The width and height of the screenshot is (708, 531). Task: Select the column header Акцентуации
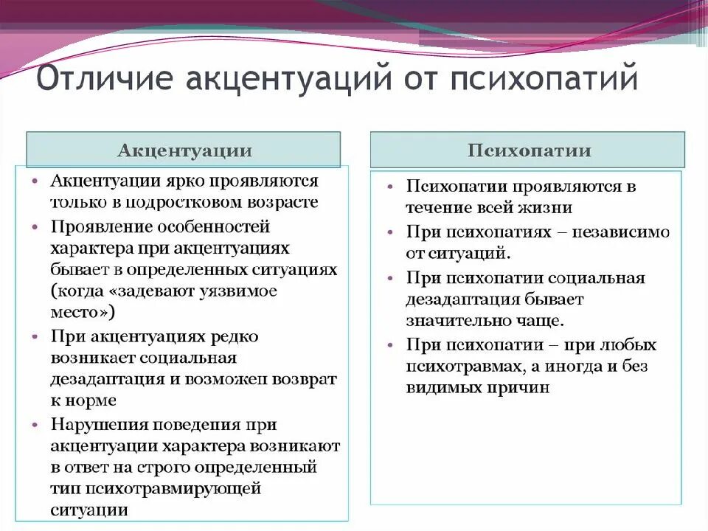point(184,151)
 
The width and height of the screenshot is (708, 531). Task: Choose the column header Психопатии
point(529,151)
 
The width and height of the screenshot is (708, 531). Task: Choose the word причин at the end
point(523,388)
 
